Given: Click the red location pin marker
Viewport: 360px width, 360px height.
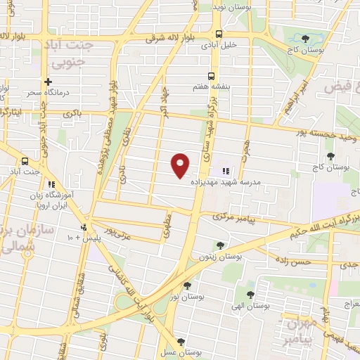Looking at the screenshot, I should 181,165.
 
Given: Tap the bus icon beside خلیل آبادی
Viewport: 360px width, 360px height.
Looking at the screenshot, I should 219,34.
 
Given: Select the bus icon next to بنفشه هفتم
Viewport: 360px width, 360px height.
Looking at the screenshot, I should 211,77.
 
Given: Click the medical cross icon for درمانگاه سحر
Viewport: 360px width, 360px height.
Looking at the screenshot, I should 49,82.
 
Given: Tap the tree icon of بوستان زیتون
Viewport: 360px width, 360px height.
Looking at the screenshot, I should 221,245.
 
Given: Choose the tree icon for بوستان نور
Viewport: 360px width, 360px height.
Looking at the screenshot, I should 187,285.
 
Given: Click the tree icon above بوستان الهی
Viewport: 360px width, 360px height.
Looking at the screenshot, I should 251,294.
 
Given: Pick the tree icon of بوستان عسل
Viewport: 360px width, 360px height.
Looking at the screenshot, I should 182,342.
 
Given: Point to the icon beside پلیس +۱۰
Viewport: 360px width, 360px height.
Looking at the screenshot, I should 84,227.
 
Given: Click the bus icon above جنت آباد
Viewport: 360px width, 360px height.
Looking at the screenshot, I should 25,160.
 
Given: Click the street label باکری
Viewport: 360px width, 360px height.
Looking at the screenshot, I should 72,112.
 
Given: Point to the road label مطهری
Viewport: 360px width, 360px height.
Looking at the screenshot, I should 167,227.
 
